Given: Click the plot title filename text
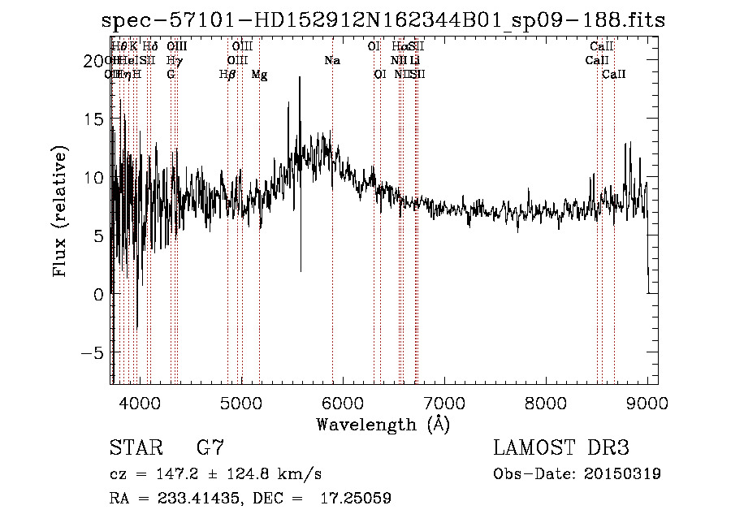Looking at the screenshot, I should [x=383, y=21].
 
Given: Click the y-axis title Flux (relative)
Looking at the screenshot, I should [x=60, y=211].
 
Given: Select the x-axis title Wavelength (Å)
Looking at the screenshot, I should [x=383, y=424].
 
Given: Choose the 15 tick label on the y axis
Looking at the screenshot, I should [x=95, y=119].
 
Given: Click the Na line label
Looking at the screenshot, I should [x=332, y=61].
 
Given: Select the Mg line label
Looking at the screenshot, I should [x=259, y=75].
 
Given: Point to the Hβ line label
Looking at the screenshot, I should [x=227, y=75].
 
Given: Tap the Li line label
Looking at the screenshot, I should [x=415, y=61].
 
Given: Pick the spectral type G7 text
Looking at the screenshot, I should [x=210, y=448].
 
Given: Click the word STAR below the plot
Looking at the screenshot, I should [x=135, y=448].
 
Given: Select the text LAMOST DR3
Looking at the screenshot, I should [x=560, y=448].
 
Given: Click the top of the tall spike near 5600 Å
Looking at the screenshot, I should [x=300, y=78].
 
